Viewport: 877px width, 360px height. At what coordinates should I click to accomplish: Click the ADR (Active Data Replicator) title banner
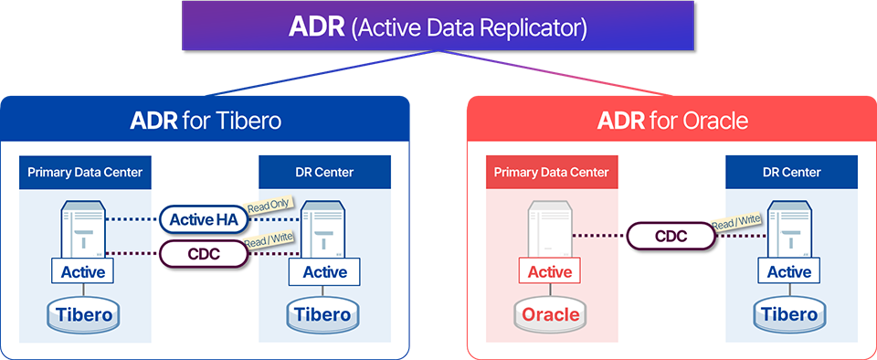coord(438,26)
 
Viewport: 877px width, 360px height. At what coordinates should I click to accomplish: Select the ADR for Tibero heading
coord(206,121)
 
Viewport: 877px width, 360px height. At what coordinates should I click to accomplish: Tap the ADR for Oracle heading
coord(672,121)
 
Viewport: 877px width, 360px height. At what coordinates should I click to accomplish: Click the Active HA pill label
coord(204,219)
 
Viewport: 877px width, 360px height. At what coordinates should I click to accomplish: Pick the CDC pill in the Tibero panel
coord(204,254)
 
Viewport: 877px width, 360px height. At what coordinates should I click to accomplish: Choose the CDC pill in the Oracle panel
coord(671,236)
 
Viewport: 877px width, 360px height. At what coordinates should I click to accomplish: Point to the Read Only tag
coord(269,206)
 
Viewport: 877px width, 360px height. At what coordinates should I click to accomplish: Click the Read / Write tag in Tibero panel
coord(269,240)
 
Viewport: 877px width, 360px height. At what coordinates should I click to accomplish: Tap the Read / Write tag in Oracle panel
coord(736,222)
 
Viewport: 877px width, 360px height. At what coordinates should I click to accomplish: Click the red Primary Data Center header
coord(551,172)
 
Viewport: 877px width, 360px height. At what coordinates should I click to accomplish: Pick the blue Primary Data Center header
coord(85,172)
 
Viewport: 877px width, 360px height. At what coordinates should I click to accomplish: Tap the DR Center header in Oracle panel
coord(791,172)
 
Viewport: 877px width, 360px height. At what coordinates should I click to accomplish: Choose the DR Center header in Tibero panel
coord(324,172)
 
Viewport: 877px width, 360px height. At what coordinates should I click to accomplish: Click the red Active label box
coord(550,272)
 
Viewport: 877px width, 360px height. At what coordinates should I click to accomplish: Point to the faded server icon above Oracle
coord(550,230)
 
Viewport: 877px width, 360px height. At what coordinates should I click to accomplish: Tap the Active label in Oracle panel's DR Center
coord(789,272)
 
